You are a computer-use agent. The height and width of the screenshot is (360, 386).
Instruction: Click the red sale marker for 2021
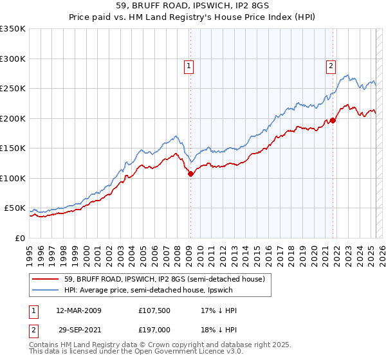333,120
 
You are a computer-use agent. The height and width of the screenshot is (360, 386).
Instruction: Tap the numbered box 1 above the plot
189,65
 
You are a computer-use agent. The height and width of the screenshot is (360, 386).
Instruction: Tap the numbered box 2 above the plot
331,65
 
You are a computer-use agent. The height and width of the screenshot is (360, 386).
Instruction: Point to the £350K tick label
12,29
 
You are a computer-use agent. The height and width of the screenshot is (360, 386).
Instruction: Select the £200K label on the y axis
12,118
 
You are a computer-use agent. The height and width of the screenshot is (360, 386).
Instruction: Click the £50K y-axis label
15,208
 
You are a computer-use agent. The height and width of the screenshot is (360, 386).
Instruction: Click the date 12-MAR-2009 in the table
79,310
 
